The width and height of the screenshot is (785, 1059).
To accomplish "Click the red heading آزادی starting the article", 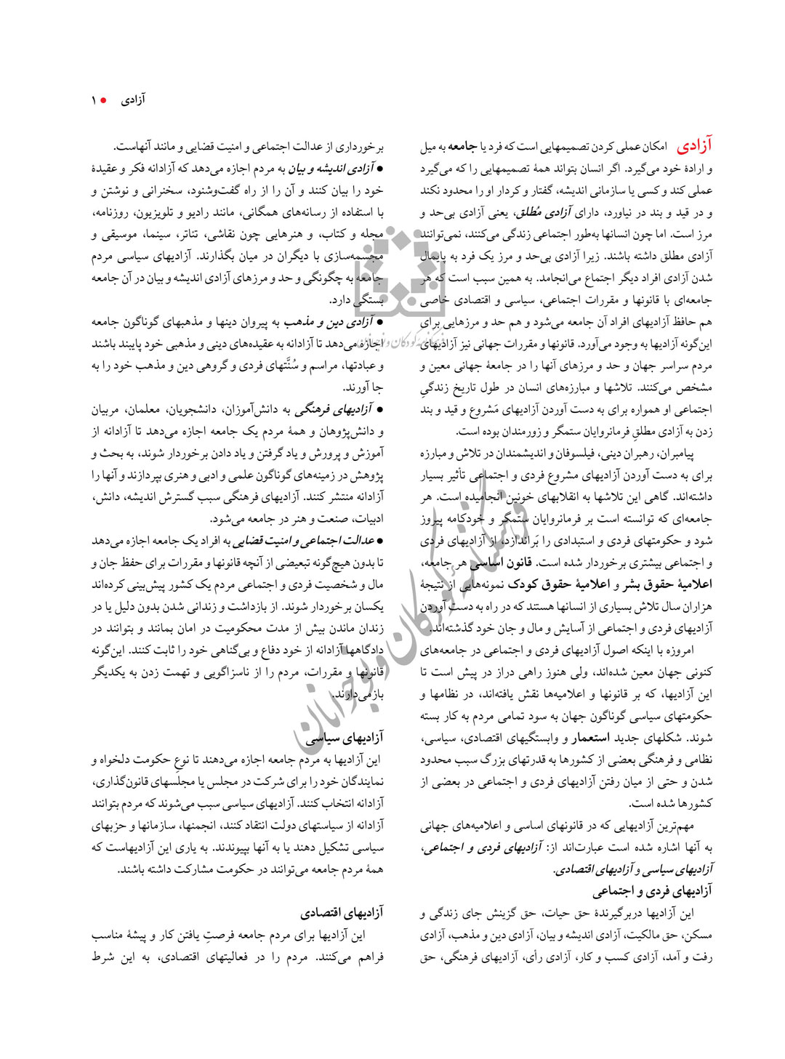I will tap(695, 146).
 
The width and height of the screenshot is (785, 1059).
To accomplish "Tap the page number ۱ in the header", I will tap(94, 100).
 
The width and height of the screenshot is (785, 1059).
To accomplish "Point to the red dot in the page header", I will tap(105, 100).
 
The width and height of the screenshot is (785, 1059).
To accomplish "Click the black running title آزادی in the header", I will tap(133, 100).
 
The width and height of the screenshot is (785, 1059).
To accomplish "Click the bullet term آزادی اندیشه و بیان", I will tap(331, 169).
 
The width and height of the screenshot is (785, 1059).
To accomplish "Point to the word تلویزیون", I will tap(161, 212).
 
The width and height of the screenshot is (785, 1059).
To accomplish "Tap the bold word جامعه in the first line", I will tap(462, 147).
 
